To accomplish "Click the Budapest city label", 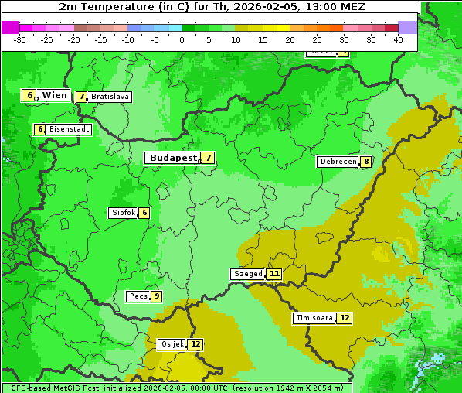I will pos(173,158).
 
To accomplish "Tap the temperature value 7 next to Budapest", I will pos(207,158).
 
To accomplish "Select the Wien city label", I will pos(55,95).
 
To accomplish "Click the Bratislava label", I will pos(109,97).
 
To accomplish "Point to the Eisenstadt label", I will pos(70,129).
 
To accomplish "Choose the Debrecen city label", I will pos(338,162).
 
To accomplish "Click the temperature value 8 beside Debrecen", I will pos(365,162).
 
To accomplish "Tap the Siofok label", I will pos(124,213).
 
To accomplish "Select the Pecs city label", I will pos(138,296).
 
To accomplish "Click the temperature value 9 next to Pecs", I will pos(156,296).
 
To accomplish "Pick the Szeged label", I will pos(248,274).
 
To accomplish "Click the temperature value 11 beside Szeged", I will pos(274,274).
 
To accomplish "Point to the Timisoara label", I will pos(314,318).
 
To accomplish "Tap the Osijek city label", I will pos(172,344).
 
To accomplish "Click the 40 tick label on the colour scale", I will pos(398,39).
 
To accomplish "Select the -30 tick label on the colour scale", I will pos(20,39).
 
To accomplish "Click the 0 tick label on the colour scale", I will pos(182,39).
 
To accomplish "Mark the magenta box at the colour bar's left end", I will pos(10,27).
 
